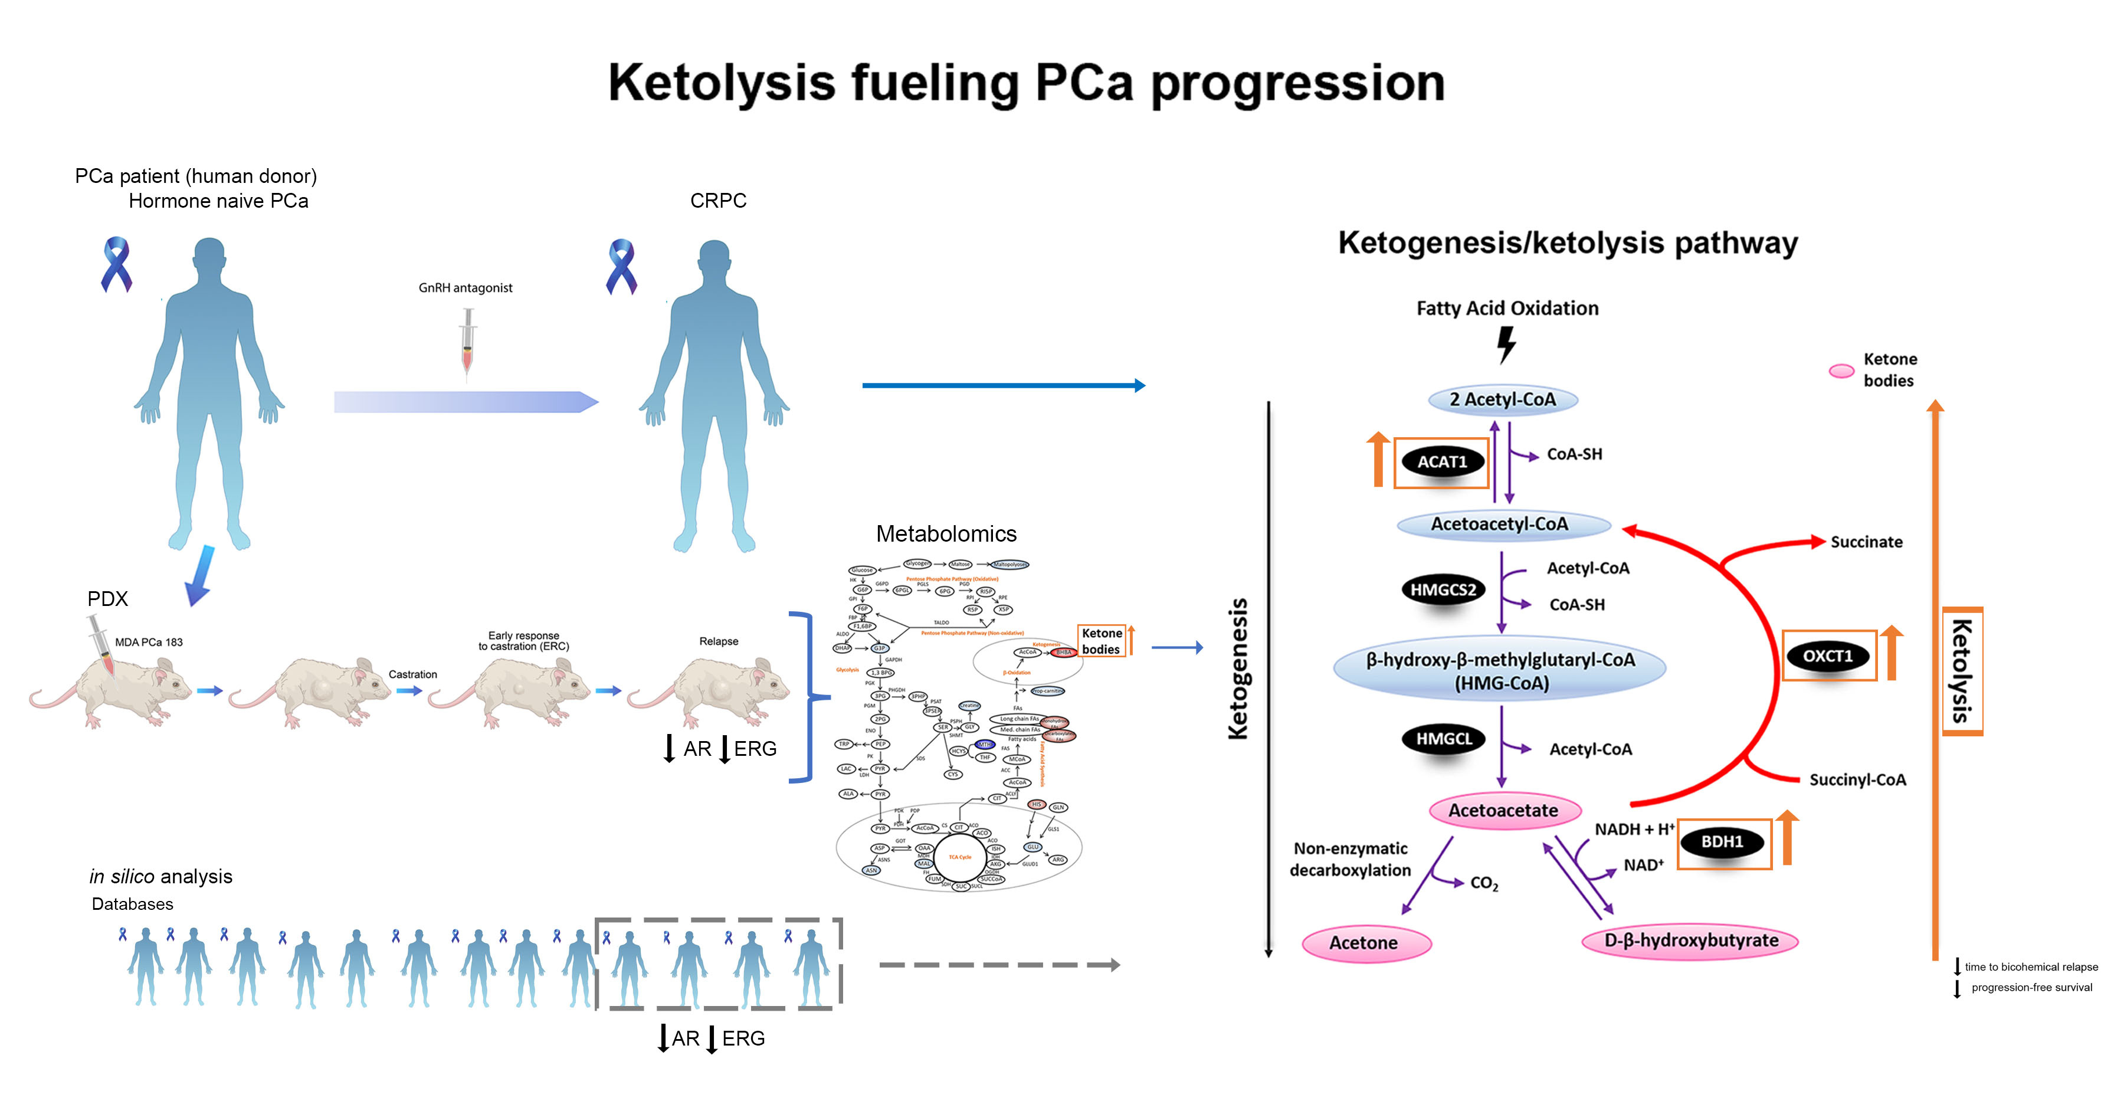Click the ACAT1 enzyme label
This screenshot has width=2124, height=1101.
pyautogui.click(x=1441, y=462)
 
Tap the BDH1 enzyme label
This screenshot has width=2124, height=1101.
pyautogui.click(x=1722, y=842)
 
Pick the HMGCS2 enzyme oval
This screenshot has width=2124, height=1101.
pyautogui.click(x=1442, y=589)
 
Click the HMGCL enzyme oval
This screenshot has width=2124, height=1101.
pyautogui.click(x=1443, y=739)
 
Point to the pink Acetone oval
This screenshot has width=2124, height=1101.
pyautogui.click(x=1365, y=943)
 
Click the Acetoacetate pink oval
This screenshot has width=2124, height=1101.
pyautogui.click(x=1503, y=811)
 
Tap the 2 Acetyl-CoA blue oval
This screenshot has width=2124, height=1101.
pyautogui.click(x=1502, y=400)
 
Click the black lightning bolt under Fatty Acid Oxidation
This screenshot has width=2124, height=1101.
pyautogui.click(x=1506, y=345)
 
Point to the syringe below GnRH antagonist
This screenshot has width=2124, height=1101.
pyautogui.click(x=467, y=342)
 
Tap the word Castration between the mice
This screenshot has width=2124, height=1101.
pyautogui.click(x=412, y=674)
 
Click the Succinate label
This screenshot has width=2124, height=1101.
pyautogui.click(x=1866, y=542)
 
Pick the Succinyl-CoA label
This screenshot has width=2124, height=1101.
pyautogui.click(x=1857, y=779)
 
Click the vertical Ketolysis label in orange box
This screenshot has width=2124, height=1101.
pyautogui.click(x=1962, y=670)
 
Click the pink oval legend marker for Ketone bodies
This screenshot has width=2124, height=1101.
pyautogui.click(x=1841, y=371)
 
